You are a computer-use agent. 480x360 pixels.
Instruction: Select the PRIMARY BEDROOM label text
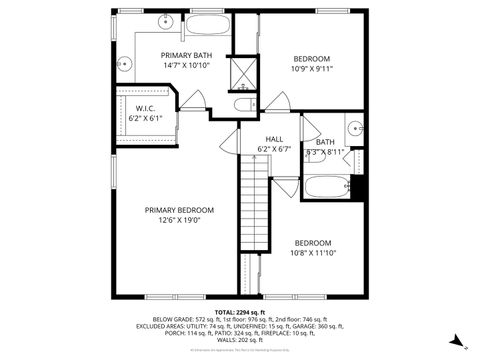coord(179,210)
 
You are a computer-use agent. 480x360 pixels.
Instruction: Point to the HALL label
coord(275,139)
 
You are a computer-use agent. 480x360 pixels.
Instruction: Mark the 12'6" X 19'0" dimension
coord(179,221)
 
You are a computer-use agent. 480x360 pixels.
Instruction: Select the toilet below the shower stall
coord(243,105)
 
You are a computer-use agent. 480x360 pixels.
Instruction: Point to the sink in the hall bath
coord(353,129)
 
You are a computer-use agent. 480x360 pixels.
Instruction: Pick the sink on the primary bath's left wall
coord(127,62)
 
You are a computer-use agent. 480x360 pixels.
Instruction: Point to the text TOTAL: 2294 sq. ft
coord(240,313)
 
